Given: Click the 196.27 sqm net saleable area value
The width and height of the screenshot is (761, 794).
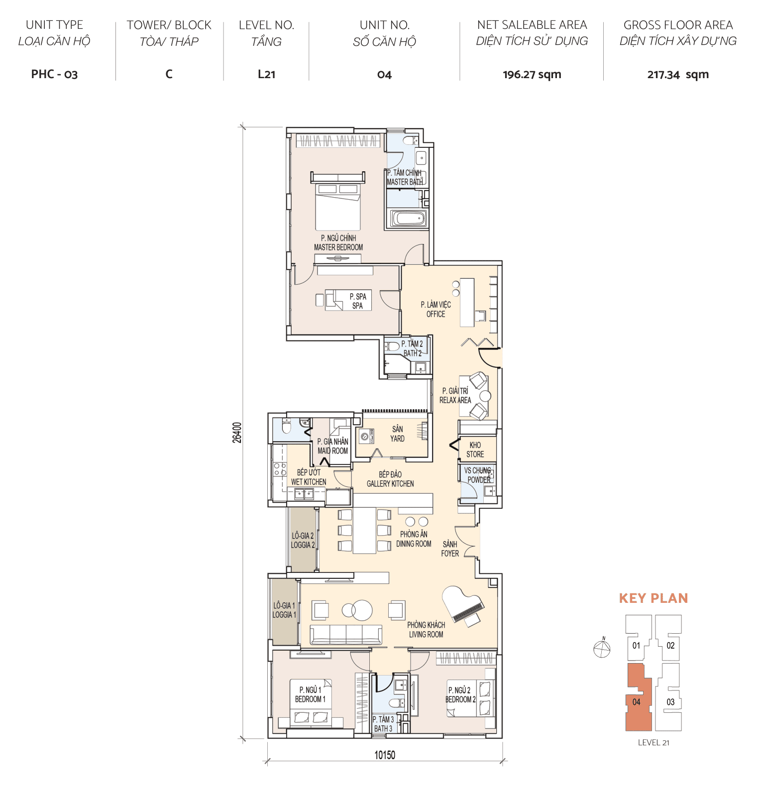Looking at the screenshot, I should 532,75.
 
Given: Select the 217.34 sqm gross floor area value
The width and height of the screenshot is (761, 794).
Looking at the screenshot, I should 677,75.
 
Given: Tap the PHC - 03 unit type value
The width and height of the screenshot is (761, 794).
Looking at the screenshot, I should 54,75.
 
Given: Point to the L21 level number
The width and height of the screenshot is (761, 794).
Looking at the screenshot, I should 266,75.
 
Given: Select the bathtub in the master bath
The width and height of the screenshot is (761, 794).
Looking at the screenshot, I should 409,219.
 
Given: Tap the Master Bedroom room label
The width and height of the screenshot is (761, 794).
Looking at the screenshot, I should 338,242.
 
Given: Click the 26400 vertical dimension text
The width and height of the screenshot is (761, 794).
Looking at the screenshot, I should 237,432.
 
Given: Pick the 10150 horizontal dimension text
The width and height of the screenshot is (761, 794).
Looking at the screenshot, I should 384,755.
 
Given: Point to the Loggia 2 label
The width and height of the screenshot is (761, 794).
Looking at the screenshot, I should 303,540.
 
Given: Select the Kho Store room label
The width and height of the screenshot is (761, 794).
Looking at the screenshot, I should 475,450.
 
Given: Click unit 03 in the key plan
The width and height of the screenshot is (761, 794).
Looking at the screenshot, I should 670,702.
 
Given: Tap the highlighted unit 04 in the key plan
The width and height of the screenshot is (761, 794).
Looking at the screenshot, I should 637,702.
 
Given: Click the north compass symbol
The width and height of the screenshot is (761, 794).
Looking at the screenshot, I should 602,649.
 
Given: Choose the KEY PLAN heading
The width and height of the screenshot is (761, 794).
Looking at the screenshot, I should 653,598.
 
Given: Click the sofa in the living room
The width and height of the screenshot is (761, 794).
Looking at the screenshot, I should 346,635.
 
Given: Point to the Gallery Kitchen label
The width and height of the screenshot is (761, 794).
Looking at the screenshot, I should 390,479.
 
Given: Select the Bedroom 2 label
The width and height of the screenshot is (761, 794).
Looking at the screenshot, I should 460,694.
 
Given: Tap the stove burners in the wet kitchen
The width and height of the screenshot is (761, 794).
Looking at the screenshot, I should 280,469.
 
